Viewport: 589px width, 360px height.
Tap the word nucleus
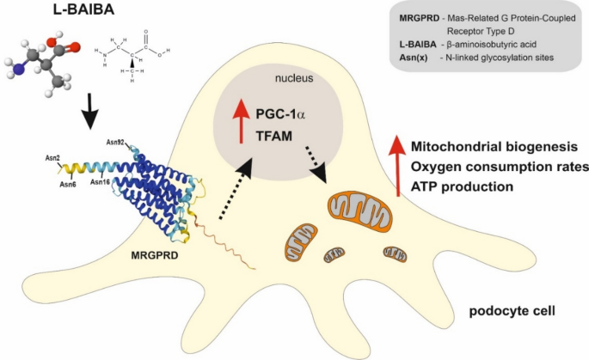[x=293, y=78]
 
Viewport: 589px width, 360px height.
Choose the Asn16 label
[x=99, y=183]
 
